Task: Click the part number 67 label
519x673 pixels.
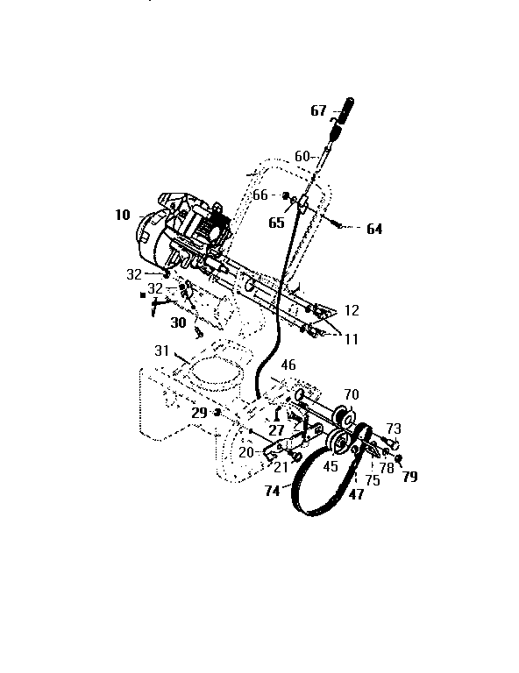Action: pos(317,111)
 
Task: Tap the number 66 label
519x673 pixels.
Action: pos(260,195)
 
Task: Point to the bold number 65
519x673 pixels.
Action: pos(276,223)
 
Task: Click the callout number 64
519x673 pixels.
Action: pos(374,230)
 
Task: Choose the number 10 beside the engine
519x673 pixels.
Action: pos(121,214)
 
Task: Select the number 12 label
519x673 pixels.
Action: pos(352,310)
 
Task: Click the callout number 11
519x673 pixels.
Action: pos(352,337)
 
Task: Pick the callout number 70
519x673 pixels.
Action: pos(351,394)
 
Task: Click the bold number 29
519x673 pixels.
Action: pos(199,411)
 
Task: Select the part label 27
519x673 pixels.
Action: pos(277,430)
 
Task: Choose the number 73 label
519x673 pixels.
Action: pos(394,429)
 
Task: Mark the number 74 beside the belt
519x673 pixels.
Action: pos(273,492)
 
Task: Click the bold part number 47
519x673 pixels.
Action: pos(356,495)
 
